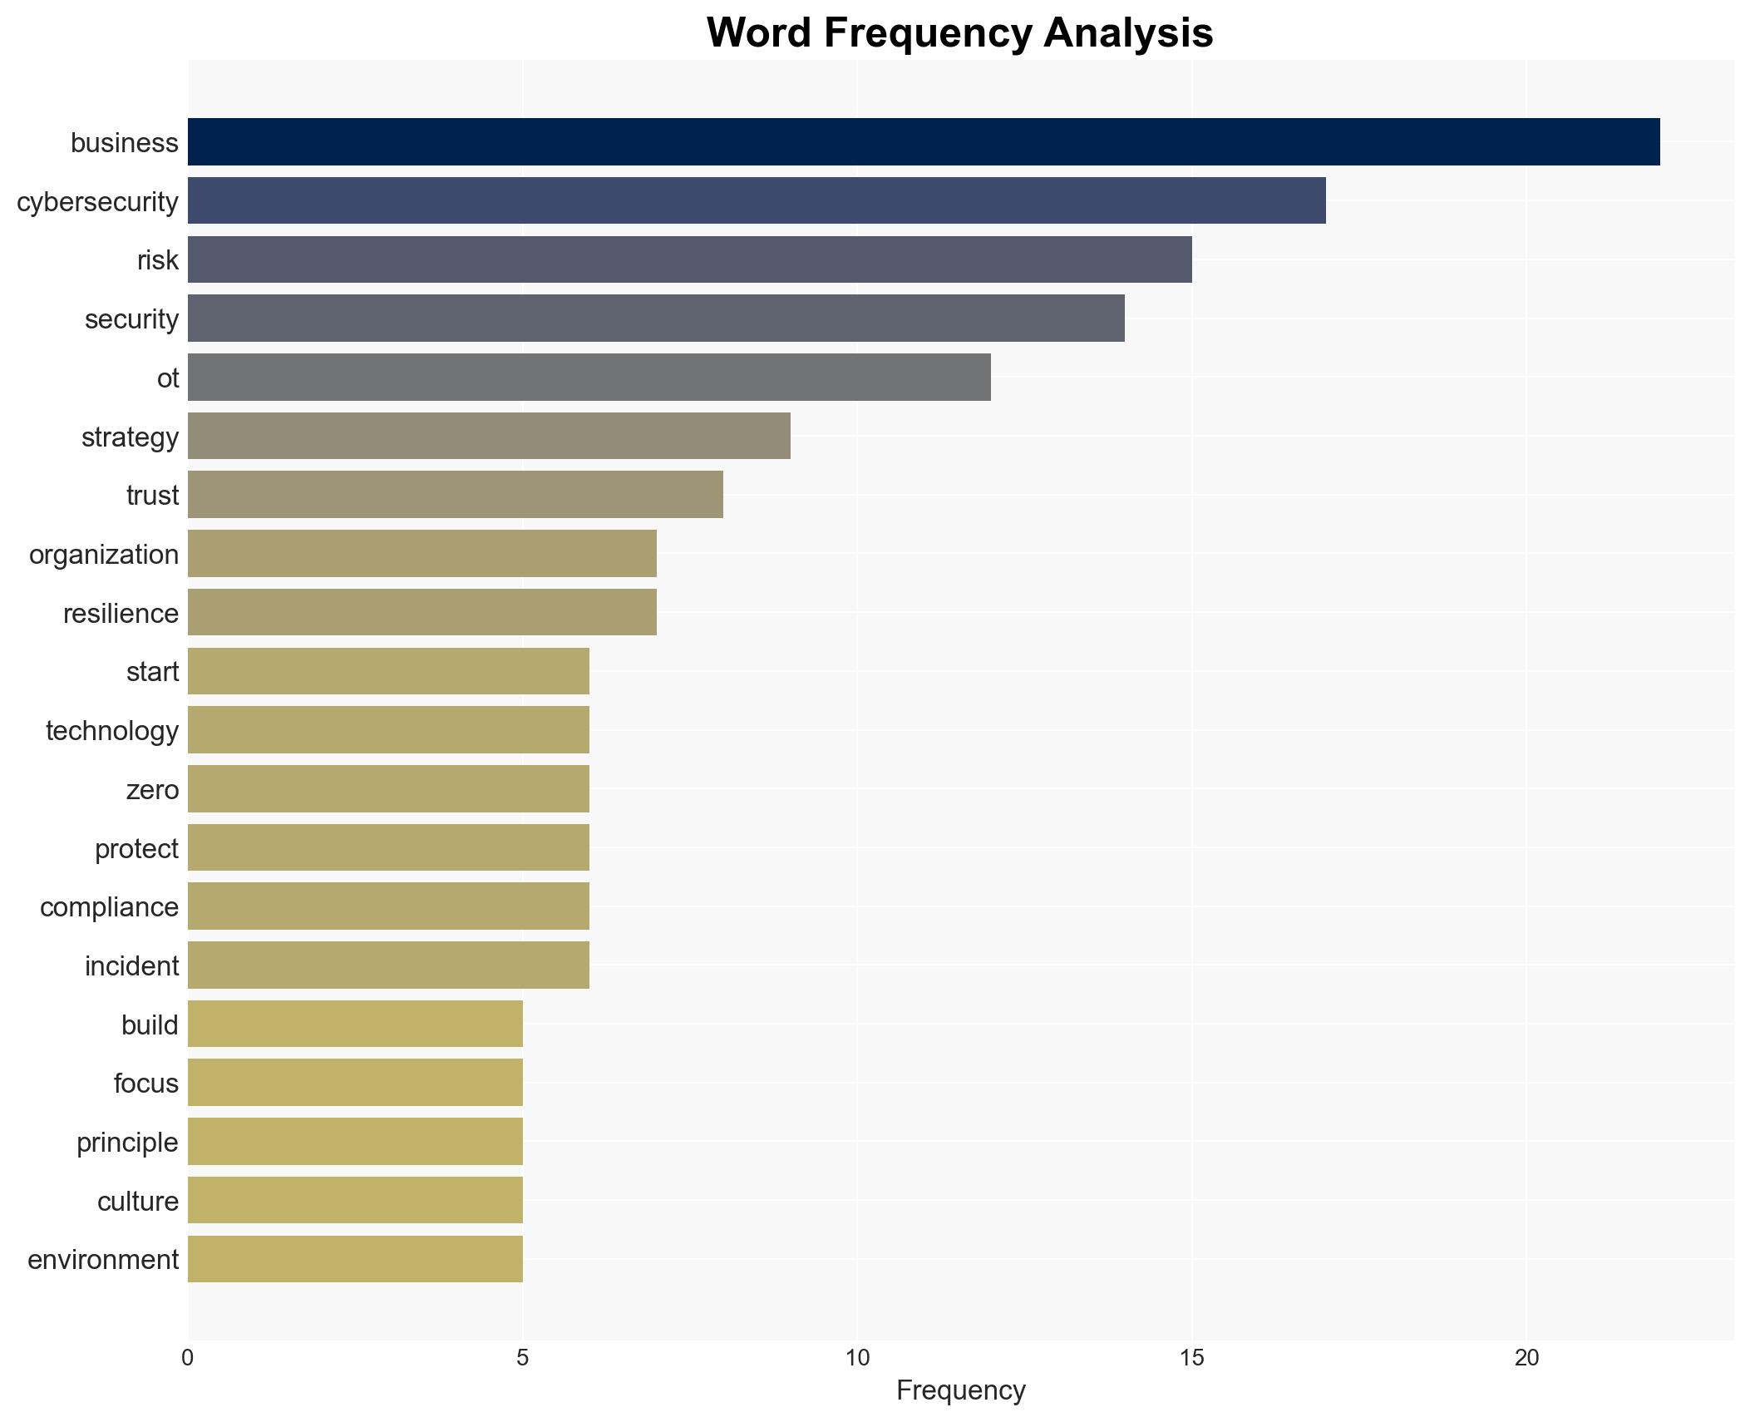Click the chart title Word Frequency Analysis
pos(959,33)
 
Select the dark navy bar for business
pos(923,142)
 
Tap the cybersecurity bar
pos(757,201)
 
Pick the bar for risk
pos(689,259)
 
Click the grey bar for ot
pos(589,378)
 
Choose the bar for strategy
pos(489,436)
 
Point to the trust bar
pos(455,495)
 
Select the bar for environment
pos(355,1259)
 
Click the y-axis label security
pos(131,319)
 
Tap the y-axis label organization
pos(104,555)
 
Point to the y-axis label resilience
pos(121,614)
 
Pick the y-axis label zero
pos(152,790)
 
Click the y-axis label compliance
pos(109,907)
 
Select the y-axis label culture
pos(137,1202)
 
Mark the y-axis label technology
pos(112,731)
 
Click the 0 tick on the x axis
pos(188,1359)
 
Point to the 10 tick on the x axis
pos(857,1359)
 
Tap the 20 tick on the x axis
pos(1526,1359)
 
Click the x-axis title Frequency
pos(960,1390)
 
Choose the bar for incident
pos(388,965)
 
